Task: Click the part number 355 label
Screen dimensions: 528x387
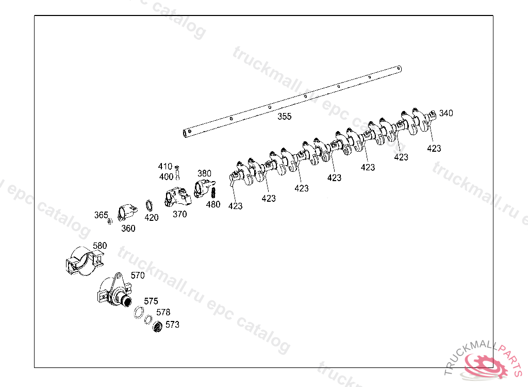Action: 285,117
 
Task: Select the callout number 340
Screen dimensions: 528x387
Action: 446,114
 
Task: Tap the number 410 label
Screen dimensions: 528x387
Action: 165,167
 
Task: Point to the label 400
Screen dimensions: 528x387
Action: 166,177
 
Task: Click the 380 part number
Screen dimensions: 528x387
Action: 205,173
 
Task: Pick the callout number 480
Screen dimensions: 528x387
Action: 213,204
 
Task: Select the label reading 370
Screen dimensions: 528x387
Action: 179,215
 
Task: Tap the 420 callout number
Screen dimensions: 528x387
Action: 152,218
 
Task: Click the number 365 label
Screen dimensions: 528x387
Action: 101,215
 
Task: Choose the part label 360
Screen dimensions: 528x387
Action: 128,229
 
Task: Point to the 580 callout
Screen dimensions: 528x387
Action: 100,246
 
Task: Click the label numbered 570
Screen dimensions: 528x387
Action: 138,276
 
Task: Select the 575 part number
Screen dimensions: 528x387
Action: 151,301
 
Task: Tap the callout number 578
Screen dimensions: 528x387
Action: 163,313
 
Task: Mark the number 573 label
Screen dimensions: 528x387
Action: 172,325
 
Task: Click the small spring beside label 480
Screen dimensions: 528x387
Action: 212,193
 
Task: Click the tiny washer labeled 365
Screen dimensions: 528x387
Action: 110,222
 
